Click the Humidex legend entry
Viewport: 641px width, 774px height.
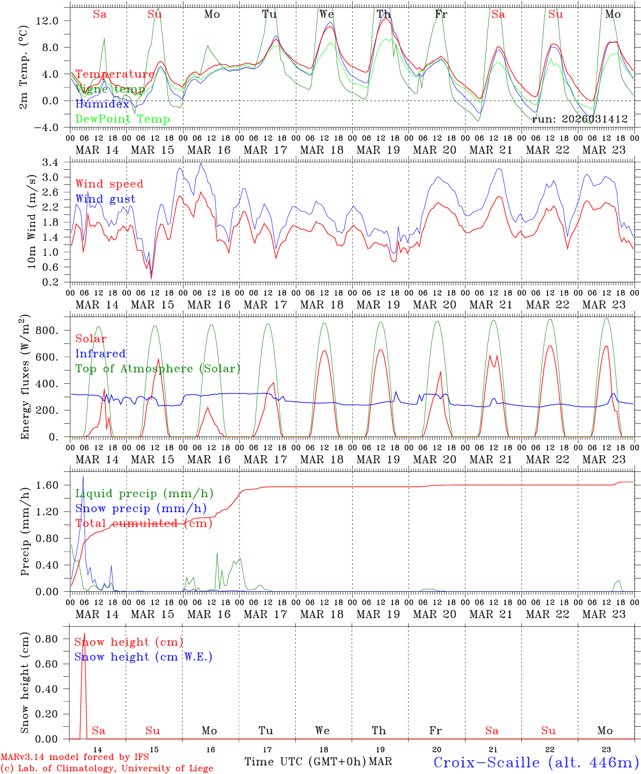pos(102,104)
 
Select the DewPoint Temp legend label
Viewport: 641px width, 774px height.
pos(122,119)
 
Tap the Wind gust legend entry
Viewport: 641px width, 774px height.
pos(105,199)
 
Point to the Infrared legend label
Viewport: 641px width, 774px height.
pos(100,354)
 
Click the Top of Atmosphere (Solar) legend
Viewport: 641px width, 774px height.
pos(157,369)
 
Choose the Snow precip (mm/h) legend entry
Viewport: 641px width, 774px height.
pos(141,508)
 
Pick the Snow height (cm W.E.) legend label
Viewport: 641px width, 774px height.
pos(143,657)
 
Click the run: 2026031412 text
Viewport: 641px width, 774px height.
pos(580,119)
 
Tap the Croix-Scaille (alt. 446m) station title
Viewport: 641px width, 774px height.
pos(536,762)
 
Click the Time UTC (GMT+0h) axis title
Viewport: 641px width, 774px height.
pos(305,762)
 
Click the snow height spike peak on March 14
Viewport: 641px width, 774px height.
pos(84,634)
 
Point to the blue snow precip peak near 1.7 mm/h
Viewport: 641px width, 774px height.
pos(83,477)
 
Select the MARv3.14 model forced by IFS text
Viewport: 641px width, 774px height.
pos(75,757)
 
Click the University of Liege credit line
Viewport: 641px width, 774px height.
pos(107,769)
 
